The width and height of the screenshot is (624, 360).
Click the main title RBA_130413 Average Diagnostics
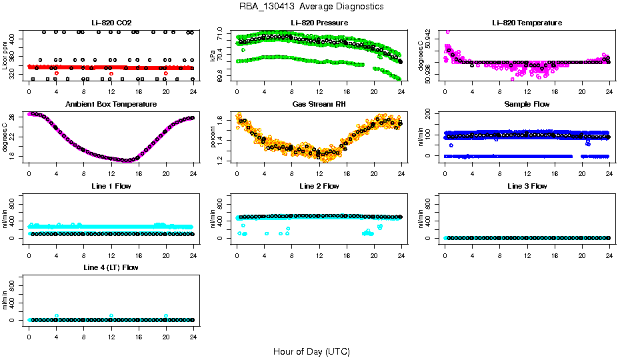pyautogui.click(x=311, y=7)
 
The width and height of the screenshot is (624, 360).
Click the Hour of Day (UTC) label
pyautogui.click(x=311, y=351)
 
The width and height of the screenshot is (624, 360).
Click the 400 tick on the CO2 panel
pyautogui.click(x=13, y=38)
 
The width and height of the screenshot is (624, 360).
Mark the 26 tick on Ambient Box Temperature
pyautogui.click(x=13, y=117)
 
